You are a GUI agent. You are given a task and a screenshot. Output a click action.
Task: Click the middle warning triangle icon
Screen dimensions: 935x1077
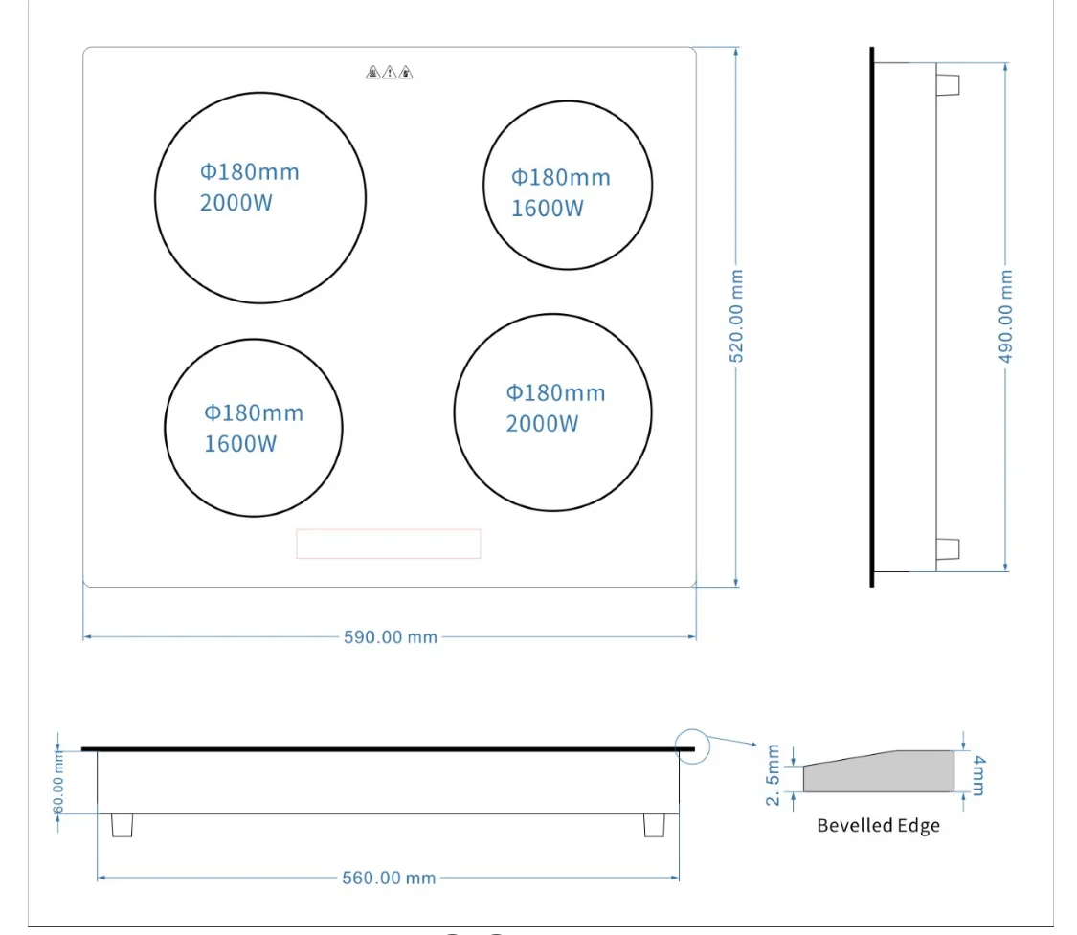point(390,72)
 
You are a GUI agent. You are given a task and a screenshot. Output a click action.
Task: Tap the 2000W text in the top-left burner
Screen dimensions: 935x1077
point(236,203)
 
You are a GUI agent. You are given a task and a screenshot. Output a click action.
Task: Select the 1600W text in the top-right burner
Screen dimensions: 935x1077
point(547,209)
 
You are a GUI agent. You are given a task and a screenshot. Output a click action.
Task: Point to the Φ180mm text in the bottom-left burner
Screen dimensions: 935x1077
point(253,412)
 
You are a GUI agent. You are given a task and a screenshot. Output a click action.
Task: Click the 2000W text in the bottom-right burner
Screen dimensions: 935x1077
point(542,423)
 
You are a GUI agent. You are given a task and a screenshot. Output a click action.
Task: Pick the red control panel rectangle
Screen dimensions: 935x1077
point(388,544)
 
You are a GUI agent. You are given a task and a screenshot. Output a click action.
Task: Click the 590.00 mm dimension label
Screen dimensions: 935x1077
point(390,636)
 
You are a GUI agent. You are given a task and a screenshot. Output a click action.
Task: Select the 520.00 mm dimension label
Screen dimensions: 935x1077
point(736,316)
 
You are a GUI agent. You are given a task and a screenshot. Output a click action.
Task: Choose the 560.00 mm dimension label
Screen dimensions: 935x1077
point(389,878)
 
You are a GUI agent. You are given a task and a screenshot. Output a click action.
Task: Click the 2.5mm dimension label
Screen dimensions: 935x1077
point(774,777)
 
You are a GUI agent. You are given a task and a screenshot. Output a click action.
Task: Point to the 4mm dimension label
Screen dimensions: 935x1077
point(976,774)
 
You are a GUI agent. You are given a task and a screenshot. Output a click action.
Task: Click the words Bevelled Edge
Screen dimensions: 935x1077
point(878,825)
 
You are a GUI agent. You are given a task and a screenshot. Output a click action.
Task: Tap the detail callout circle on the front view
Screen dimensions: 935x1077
point(692,746)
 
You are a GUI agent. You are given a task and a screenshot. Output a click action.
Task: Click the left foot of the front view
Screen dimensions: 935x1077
point(122,825)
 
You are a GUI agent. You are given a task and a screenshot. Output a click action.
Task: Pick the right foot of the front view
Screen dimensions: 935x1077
point(654,825)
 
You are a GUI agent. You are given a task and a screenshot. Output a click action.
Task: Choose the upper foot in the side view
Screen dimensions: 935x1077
point(947,84)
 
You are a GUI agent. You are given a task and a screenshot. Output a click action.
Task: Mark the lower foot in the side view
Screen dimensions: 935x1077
point(947,549)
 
